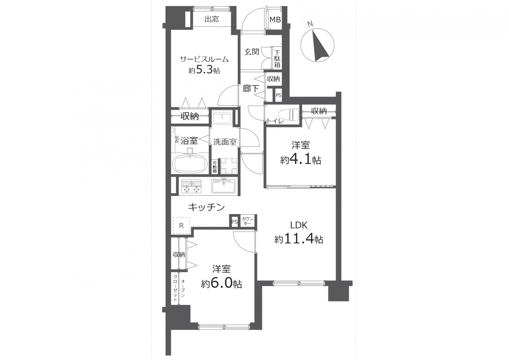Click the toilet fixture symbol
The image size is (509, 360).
(x=288, y=115)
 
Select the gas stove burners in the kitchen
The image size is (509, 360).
(x=191, y=186)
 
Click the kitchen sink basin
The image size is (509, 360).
(x=224, y=186)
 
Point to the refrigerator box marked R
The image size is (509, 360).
(x=181, y=225)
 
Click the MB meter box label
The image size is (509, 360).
(x=275, y=20)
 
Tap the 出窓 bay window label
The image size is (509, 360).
(x=211, y=19)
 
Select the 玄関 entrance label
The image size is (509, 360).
(x=252, y=52)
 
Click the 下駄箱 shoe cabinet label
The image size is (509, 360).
(x=277, y=59)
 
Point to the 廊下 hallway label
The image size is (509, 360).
(x=251, y=89)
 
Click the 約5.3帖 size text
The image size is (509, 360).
(x=204, y=70)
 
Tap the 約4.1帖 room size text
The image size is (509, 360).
(x=301, y=160)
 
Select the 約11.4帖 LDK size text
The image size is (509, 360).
(x=299, y=239)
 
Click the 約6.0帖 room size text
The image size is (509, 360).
(x=221, y=283)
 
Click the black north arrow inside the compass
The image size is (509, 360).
(x=320, y=46)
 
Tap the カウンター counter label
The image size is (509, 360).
(x=247, y=221)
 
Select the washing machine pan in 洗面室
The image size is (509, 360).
(x=229, y=166)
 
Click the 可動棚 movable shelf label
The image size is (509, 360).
(x=214, y=167)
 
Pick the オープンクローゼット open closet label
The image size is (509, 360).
(x=179, y=288)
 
